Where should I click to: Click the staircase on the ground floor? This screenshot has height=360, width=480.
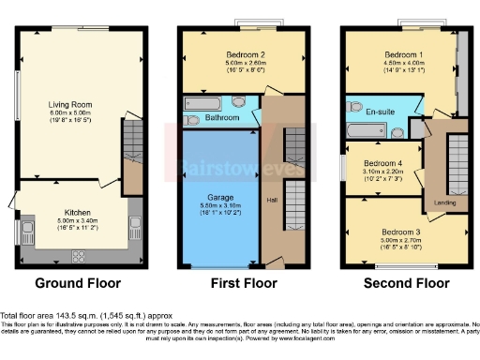(130, 140)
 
